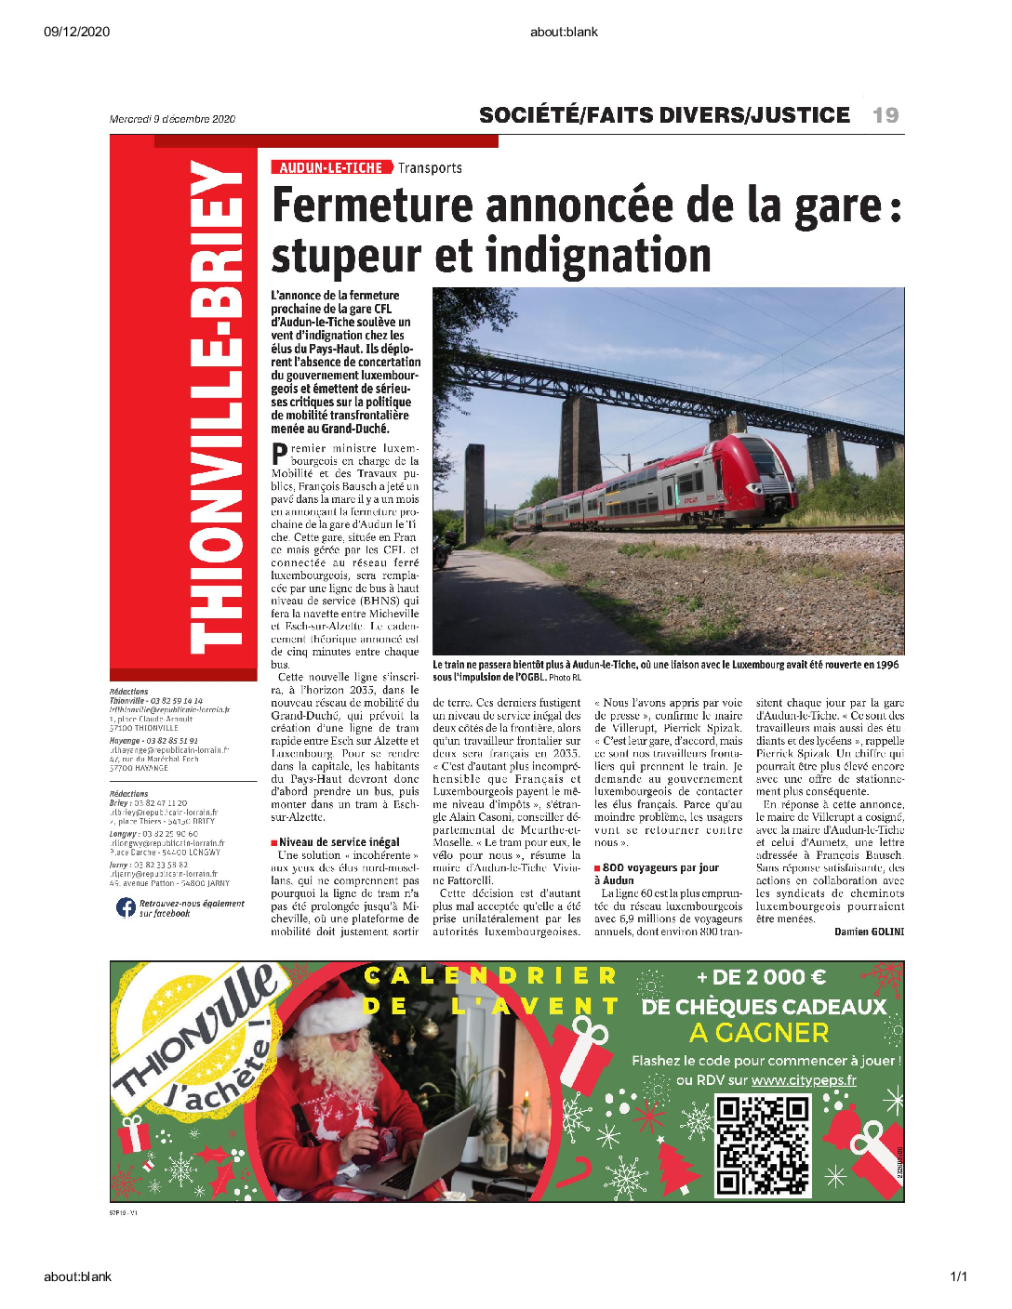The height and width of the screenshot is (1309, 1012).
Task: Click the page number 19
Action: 885,115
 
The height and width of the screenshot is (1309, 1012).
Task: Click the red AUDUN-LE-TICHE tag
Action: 330,168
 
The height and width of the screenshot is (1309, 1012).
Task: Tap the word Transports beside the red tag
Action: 430,168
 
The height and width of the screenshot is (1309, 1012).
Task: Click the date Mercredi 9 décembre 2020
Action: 172,119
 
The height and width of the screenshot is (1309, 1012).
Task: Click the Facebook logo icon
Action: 126,907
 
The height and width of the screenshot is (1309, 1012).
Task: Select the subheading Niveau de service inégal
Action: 339,842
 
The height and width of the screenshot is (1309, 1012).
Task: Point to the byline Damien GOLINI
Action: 869,932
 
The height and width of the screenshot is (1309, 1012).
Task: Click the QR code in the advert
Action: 763,1145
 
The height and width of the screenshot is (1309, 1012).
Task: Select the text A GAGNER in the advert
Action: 758,1033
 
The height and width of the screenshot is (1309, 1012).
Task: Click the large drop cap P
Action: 279,455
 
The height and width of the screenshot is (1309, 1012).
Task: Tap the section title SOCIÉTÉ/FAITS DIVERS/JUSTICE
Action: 664,115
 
